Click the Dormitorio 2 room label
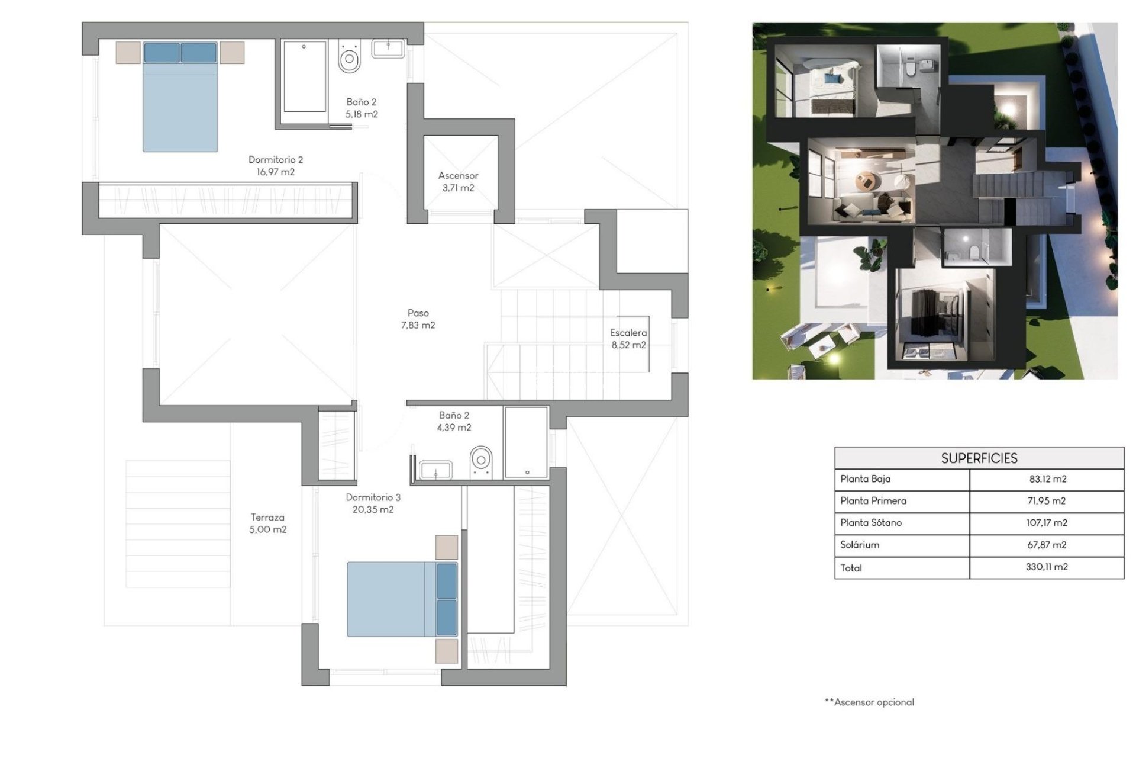click(275, 166)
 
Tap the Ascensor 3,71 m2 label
click(458, 182)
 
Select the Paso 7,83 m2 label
click(418, 319)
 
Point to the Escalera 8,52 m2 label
click(628, 339)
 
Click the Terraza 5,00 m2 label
click(267, 523)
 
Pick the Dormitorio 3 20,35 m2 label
click(373, 503)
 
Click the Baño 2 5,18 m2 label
click(362, 108)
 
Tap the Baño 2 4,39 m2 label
click(454, 422)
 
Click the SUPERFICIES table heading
click(979, 458)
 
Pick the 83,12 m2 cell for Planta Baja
click(1047, 479)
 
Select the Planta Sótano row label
click(871, 523)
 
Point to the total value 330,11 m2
click(1047, 567)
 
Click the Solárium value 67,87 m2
click(1047, 545)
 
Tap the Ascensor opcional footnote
click(869, 702)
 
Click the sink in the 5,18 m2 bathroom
click(388, 49)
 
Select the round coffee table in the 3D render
click(867, 180)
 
